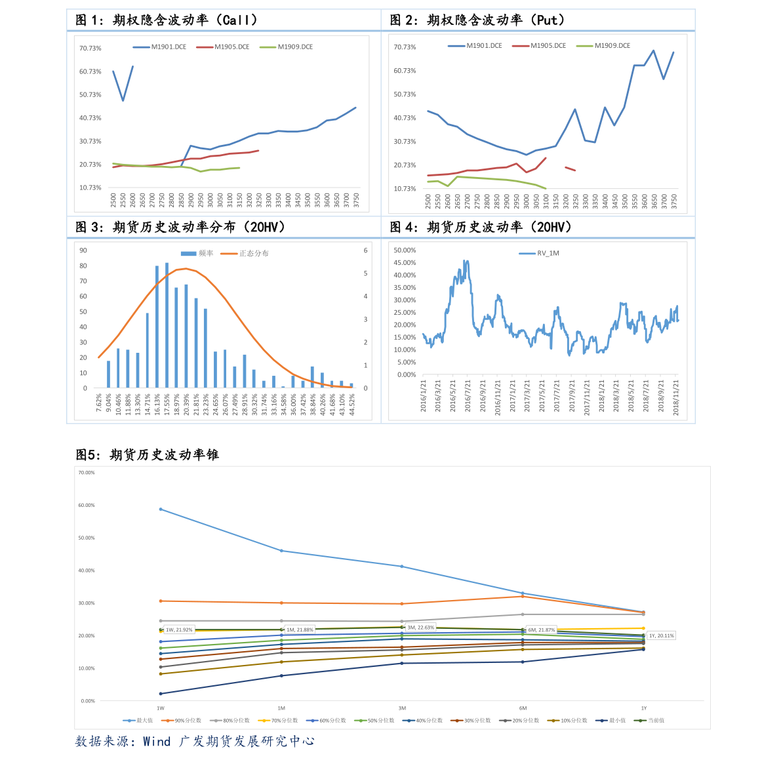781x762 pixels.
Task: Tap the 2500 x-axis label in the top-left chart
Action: click(113, 200)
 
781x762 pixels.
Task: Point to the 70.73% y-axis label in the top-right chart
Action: click(405, 47)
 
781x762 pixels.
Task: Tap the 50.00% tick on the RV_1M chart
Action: click(405, 251)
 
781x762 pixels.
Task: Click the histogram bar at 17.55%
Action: click(167, 325)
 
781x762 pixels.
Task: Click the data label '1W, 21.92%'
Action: click(178, 630)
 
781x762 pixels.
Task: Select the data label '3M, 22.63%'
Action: click(420, 628)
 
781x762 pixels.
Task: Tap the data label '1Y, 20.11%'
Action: click(661, 635)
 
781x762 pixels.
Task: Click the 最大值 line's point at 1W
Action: click(161, 510)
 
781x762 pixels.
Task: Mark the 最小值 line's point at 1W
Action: click(161, 694)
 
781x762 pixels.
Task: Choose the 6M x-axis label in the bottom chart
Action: click(523, 708)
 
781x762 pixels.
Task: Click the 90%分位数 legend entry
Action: click(188, 721)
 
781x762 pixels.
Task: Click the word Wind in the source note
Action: click(157, 742)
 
